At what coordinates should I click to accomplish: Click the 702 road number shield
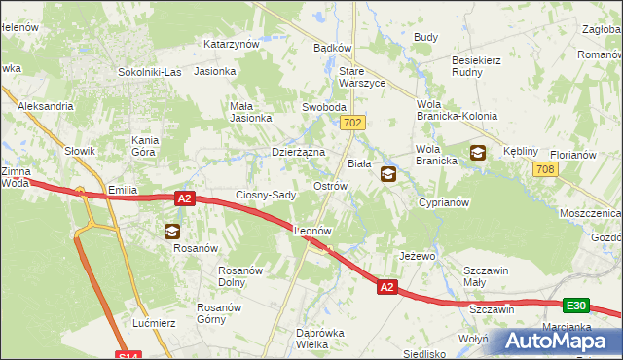click(352, 123)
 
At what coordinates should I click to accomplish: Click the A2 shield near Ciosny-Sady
click(186, 198)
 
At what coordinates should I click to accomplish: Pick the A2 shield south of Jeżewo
click(386, 287)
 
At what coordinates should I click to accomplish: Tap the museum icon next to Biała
click(388, 174)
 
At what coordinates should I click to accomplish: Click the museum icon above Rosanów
click(171, 231)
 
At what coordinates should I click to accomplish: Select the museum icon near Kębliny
click(478, 152)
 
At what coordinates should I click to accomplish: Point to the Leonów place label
click(314, 232)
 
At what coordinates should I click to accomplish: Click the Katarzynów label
click(231, 44)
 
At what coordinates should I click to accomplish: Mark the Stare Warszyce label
click(362, 78)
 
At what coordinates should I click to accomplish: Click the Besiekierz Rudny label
click(476, 66)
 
